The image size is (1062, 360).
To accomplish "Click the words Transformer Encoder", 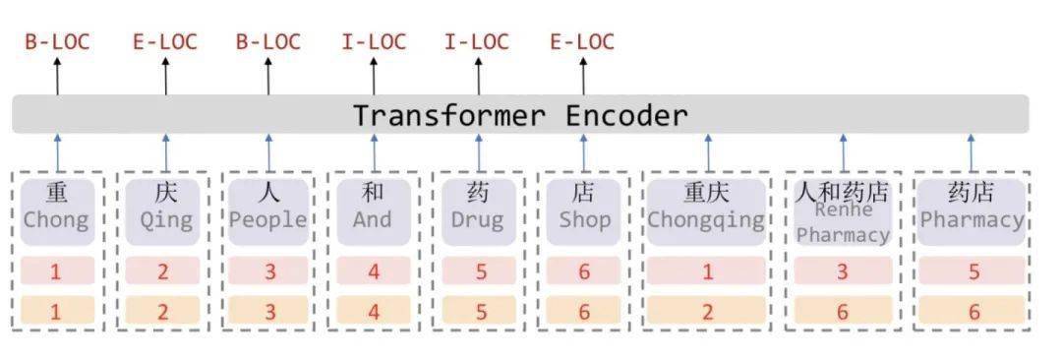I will click(520, 115).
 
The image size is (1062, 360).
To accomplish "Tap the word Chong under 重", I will click(56, 219).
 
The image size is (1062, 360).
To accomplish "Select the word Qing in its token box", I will click(165, 219).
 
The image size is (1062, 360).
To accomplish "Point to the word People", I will click(268, 219).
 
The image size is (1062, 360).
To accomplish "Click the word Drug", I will click(478, 219).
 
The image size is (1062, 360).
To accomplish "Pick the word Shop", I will click(584, 219).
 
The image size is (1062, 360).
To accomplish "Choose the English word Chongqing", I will click(706, 219).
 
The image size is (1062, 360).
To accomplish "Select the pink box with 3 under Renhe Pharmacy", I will click(842, 271).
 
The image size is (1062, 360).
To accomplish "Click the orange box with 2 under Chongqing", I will click(706, 312).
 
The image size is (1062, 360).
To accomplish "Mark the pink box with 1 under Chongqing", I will click(706, 271).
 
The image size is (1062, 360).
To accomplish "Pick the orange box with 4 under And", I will click(373, 312).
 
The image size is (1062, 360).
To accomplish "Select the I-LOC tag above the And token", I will click(373, 42).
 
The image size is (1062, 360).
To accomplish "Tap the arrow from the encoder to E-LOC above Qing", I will click(165, 77).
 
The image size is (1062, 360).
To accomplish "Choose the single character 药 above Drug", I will click(478, 192).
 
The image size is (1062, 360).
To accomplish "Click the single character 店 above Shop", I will click(584, 192).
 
